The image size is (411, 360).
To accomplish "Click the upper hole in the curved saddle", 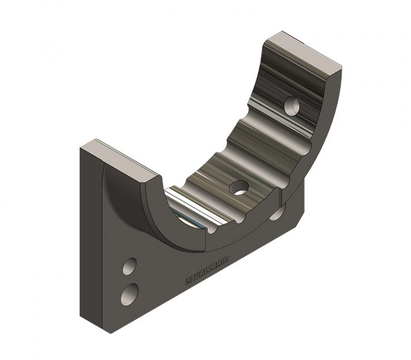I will (x=292, y=104).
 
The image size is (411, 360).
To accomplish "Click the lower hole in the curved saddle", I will (x=239, y=187).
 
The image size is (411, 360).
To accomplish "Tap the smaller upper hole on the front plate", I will (x=129, y=266).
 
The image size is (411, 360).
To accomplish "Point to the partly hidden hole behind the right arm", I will (x=278, y=213).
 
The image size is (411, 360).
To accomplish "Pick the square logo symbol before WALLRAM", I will (x=188, y=281).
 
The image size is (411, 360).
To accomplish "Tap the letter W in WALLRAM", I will (x=196, y=276).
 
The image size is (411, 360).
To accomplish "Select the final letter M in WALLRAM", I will (x=224, y=260).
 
